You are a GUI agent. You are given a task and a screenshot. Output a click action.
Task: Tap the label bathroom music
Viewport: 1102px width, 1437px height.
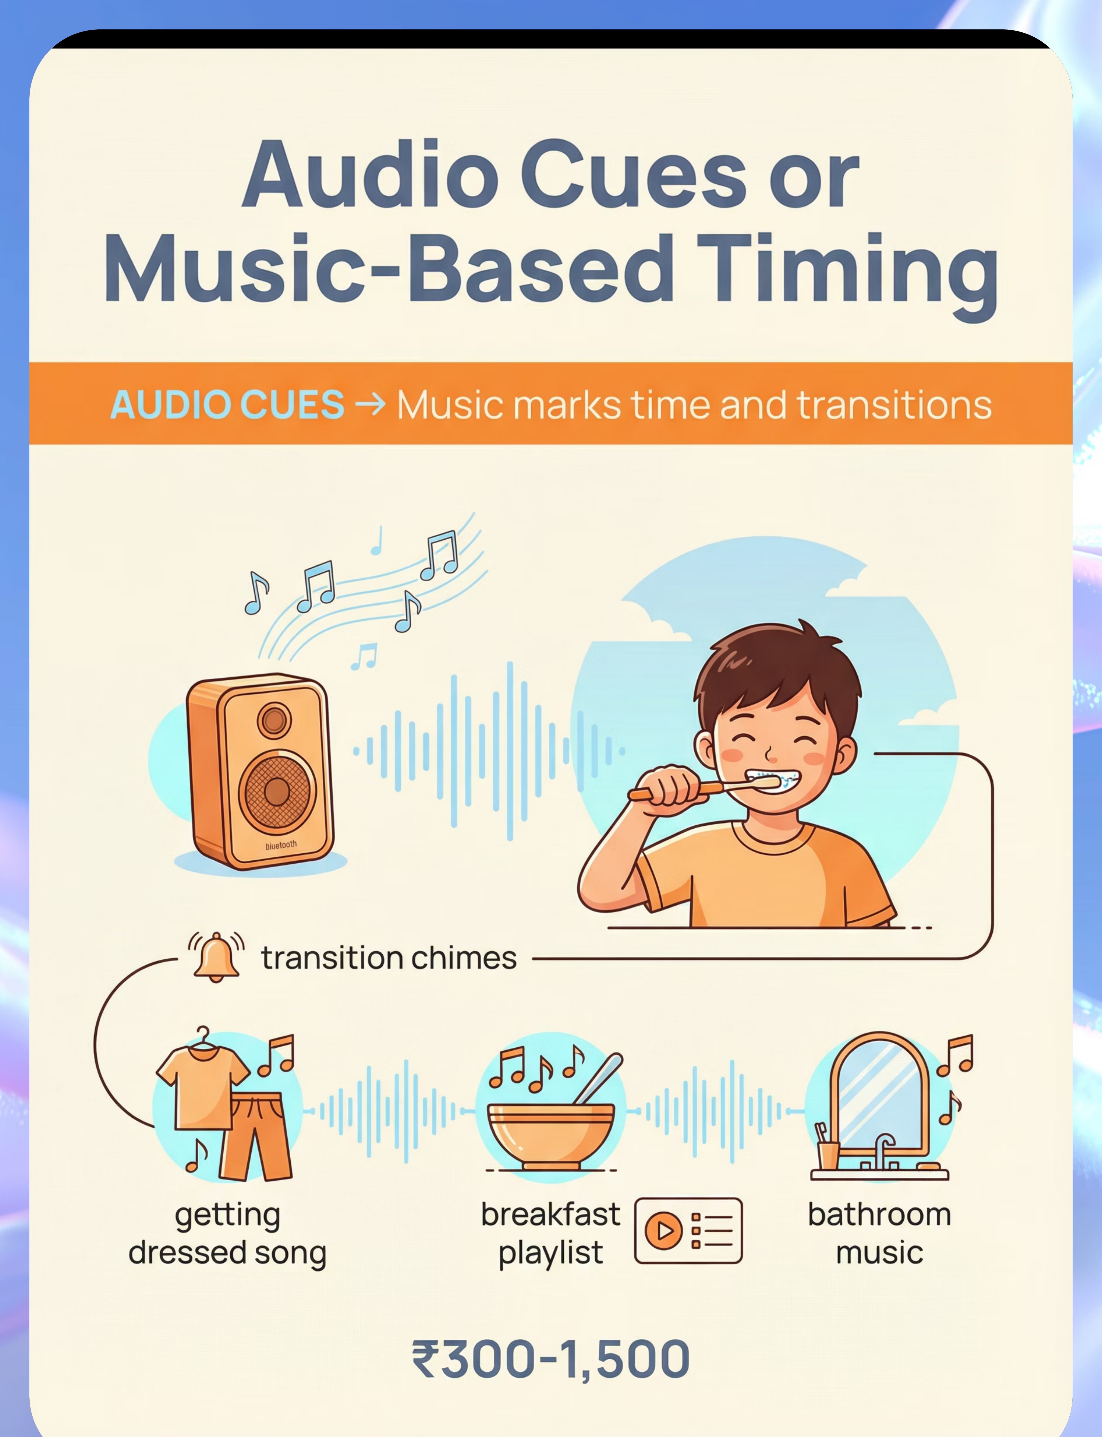tap(879, 1234)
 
